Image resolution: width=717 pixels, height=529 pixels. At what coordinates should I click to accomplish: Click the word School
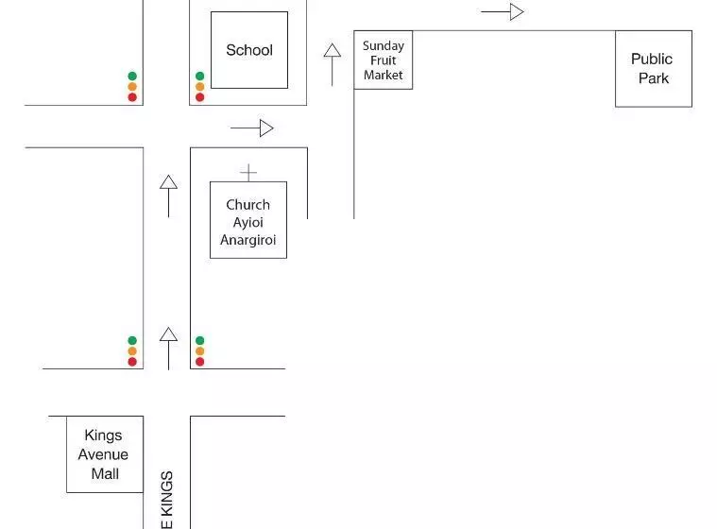pos(249,50)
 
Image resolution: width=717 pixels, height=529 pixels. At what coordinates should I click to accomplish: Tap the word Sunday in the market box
pos(384,45)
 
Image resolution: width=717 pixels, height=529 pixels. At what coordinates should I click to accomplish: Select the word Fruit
pos(384,60)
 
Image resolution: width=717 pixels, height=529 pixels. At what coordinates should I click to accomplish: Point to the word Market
pos(384,75)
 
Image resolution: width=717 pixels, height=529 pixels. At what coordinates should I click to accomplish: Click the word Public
pos(652,59)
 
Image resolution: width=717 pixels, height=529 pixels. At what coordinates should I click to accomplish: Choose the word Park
pos(653,78)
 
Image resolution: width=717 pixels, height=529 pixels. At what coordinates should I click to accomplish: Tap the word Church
pos(248,204)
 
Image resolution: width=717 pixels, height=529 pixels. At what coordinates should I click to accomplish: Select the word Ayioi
pos(248,222)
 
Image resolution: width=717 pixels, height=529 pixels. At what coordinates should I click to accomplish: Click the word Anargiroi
pos(248,240)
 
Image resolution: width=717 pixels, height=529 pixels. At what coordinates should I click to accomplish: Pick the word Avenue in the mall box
pos(104,454)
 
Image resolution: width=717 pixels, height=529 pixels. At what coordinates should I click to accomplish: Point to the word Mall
pos(105,473)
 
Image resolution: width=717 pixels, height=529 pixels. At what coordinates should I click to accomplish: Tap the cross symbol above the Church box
pos(248,173)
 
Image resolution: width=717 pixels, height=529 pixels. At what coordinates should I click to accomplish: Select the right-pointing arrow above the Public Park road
pos(503,12)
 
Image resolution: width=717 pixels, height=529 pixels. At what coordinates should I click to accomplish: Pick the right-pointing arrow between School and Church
pos(252,128)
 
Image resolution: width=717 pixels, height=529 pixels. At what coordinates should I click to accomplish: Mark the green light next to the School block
pos(199,77)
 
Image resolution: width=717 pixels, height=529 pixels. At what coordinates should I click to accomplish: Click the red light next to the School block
pos(199,97)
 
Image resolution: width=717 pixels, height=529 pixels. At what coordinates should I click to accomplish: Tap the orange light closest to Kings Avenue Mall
pos(132,351)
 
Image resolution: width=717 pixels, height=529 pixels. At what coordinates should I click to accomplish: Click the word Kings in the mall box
pos(103,435)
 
